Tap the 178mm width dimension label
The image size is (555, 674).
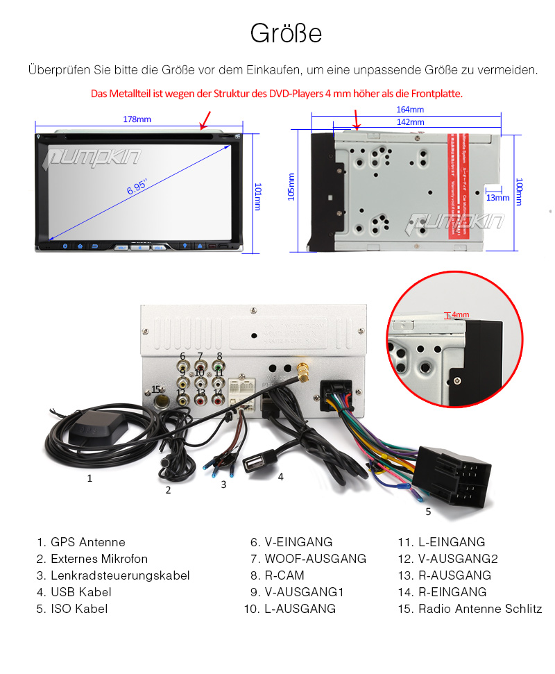click(137, 119)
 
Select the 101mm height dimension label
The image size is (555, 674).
click(257, 197)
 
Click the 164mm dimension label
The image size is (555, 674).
click(410, 110)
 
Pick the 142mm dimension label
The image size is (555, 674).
click(410, 121)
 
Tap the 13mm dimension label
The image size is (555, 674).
click(497, 198)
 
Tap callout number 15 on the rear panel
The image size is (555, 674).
click(156, 389)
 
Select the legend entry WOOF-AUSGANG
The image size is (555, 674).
click(315, 559)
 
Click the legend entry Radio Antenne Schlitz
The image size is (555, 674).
click(479, 609)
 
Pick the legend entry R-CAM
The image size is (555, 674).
click(284, 575)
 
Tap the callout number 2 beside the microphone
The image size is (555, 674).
click(168, 490)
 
